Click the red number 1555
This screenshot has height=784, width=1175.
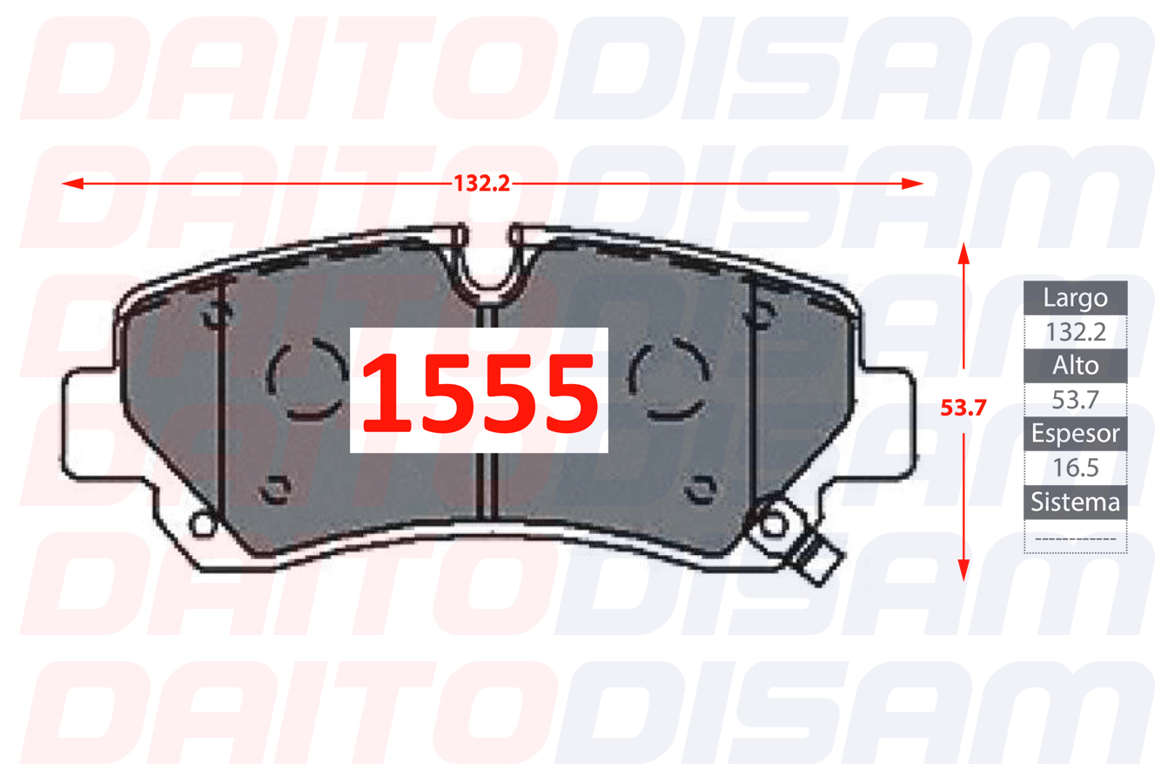point(480,392)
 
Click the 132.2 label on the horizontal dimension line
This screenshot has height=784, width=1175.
point(481,183)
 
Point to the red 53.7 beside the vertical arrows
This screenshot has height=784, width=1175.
point(963,408)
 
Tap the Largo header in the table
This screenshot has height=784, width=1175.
point(1075,298)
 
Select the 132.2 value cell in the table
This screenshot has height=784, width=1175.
point(1075,332)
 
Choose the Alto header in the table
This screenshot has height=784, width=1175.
point(1075,366)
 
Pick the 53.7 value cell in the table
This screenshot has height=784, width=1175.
point(1075,400)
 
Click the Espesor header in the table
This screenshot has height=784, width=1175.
point(1075,434)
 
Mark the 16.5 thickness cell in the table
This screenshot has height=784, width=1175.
point(1075,468)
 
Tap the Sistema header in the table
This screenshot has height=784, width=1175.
point(1075,502)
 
